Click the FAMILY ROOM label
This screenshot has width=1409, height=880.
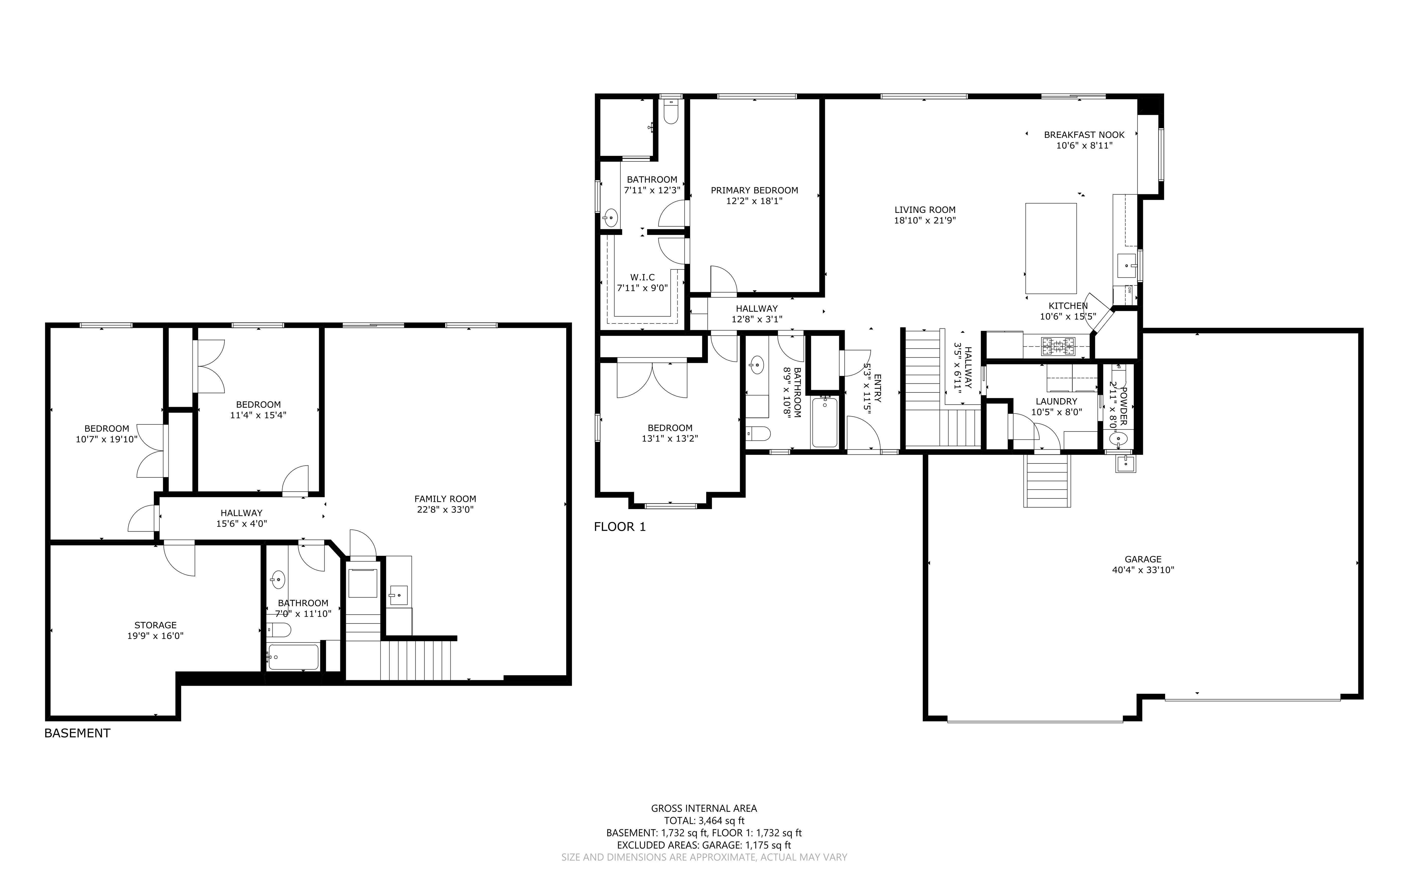[445, 499]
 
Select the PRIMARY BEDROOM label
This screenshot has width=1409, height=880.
[754, 190]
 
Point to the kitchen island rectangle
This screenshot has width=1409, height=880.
[1050, 249]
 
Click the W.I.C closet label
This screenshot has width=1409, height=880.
[643, 278]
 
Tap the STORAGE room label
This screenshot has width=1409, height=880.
[155, 626]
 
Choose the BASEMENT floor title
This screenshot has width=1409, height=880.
[77, 733]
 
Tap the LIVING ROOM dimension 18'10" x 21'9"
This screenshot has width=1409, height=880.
[925, 221]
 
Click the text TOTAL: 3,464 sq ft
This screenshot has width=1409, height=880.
[704, 821]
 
